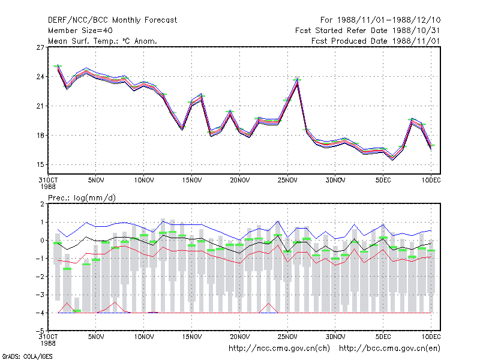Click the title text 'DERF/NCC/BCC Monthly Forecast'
[x=112, y=20]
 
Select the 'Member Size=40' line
[x=80, y=31]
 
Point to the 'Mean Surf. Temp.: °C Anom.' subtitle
[x=102, y=41]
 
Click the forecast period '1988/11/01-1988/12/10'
[x=389, y=20]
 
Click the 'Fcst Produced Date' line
[x=376, y=41]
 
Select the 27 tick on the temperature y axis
[x=40, y=47]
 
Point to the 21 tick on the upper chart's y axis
[x=40, y=106]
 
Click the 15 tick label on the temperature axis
[x=40, y=164]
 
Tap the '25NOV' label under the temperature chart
[x=287, y=181]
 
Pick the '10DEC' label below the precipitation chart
[x=431, y=337]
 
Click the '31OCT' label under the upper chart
[x=48, y=181]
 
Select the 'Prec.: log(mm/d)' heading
[x=82, y=198]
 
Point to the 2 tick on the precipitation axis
[x=42, y=204]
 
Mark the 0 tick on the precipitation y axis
[x=42, y=241]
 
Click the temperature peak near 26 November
[x=297, y=81]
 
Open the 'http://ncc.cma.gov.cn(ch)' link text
[x=279, y=349]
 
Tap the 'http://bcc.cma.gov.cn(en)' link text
[x=389, y=349]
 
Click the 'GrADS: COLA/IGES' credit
[x=27, y=356]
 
